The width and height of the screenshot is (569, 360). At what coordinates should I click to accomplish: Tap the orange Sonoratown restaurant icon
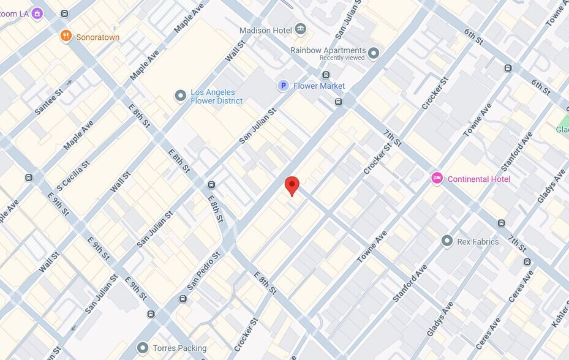66,37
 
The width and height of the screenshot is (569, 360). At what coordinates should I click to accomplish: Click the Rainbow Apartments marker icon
374,53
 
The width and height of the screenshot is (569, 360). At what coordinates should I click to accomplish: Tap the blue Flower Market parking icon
283,86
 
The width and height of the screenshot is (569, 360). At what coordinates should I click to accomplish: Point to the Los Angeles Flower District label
216,96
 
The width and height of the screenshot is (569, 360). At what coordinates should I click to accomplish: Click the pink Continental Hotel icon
437,178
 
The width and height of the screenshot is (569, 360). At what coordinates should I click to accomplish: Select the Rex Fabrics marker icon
447,241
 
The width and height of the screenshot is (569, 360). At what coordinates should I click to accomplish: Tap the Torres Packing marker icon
143,348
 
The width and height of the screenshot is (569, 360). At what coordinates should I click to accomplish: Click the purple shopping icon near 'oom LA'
37,13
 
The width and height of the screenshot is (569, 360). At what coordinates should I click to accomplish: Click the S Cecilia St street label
73,176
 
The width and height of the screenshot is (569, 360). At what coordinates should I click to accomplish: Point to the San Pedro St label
203,271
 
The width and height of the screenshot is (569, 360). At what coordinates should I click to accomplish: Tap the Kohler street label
560,313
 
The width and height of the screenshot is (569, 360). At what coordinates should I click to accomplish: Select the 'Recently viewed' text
342,58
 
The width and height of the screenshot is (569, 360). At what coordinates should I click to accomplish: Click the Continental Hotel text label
478,179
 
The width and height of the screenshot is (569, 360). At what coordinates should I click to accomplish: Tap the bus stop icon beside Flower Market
339,102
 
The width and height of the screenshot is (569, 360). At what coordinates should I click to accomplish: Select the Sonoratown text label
97,37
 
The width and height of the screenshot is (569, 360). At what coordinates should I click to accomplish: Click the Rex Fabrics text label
478,242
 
